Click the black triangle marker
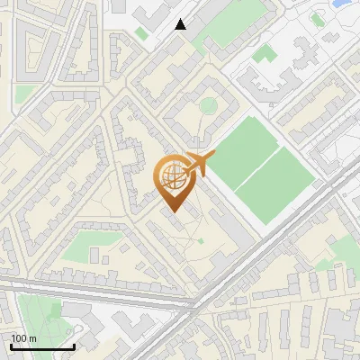tap(181, 24)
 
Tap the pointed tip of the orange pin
tap(172, 212)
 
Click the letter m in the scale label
tap(33, 338)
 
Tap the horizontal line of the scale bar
tap(43, 346)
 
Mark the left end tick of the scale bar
tap(12, 346)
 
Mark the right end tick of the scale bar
tap(75, 346)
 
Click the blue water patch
tap(342, 4)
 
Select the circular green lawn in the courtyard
tap(208, 106)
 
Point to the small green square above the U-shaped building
tap(264, 54)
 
